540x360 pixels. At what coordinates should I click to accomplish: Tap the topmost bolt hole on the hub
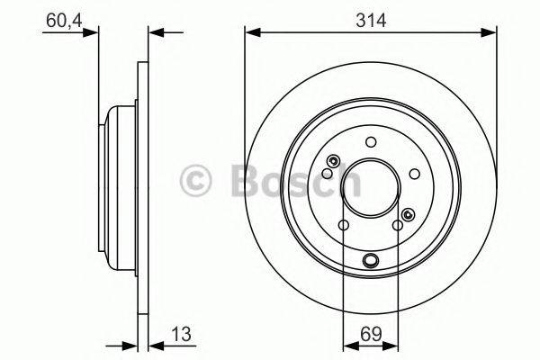[371, 141]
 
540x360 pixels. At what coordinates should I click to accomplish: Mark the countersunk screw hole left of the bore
[333, 162]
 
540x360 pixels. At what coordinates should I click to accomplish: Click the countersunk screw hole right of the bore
[409, 213]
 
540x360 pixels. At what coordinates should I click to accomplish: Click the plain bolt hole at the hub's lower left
[342, 226]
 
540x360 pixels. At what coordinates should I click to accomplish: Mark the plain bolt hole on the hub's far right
[415, 174]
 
